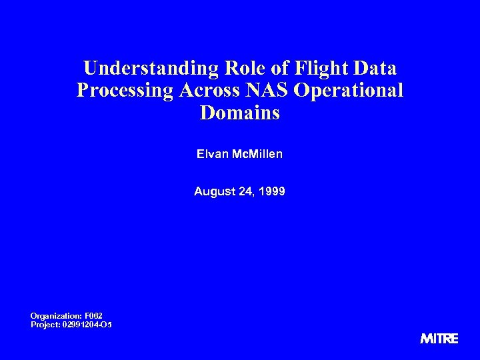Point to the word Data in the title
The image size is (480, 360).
coord(375,69)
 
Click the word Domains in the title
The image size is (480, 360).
coord(240,113)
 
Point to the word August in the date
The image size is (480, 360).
coord(211,192)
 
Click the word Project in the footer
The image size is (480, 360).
coord(44,324)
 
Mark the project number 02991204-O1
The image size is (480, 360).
coord(86,324)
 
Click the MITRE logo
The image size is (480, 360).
coord(439,339)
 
